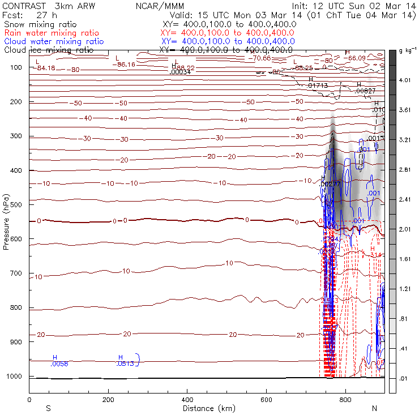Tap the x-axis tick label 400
(x=187, y=400)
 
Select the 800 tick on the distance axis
(x=345, y=400)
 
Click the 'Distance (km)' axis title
(x=207, y=408)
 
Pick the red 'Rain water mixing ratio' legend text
(x=51, y=33)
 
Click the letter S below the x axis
(x=48, y=408)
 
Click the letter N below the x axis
(x=374, y=408)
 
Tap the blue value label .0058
(x=59, y=364)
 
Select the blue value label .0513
(x=125, y=364)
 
